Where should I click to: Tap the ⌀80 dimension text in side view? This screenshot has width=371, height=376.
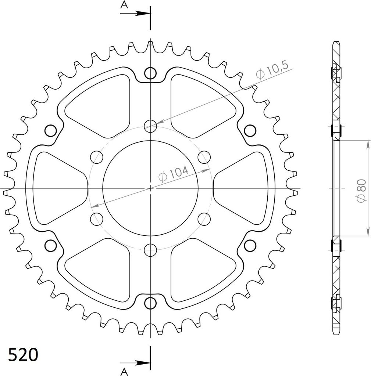click(x=361, y=191)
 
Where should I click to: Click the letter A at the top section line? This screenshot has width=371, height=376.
click(x=124, y=4)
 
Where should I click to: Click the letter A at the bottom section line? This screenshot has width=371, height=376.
click(x=124, y=372)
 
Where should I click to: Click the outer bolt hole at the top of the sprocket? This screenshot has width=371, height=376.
click(x=150, y=73)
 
